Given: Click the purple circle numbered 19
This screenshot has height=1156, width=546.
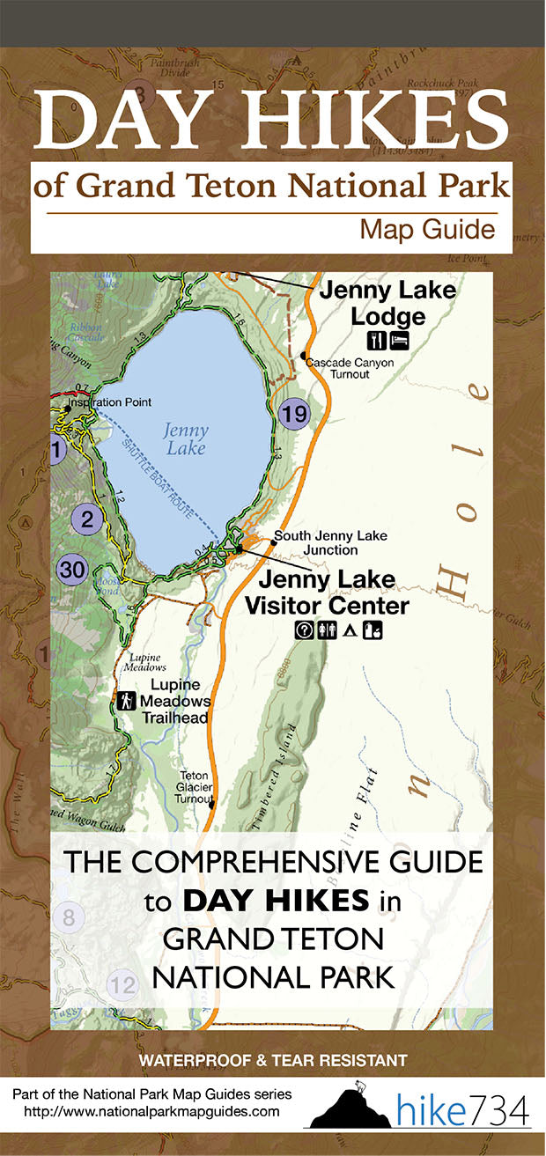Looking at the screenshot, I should tap(295, 413).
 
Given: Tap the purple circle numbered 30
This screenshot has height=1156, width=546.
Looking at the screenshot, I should tap(73, 570).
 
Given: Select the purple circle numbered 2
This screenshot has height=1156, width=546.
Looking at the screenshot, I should tap(86, 519).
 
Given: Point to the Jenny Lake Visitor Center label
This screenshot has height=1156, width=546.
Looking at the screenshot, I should tap(327, 593).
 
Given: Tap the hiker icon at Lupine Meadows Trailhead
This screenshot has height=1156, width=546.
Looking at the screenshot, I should tap(127, 701).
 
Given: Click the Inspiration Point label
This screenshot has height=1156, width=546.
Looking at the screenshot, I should tap(113, 402).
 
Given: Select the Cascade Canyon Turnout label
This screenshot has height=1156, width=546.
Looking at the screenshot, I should tap(339, 368).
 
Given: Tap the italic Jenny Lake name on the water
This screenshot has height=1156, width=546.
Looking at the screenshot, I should tap(186, 439).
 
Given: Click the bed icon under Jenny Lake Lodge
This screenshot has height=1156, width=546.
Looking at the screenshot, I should tap(399, 339).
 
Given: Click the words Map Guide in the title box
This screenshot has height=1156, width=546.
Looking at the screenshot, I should tap(426, 231).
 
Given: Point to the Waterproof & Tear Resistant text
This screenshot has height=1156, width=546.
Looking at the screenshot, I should tap(271, 1060).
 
